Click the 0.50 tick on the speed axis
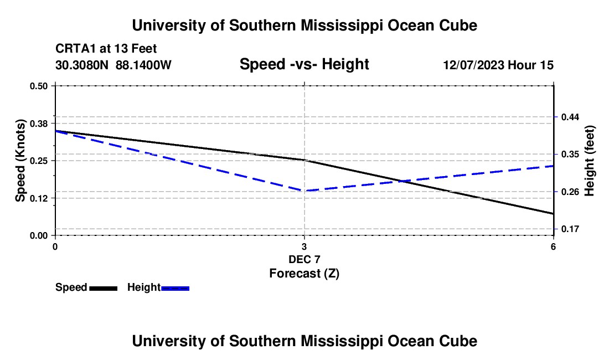38,86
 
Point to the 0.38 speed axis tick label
38,124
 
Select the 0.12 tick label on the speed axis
38,198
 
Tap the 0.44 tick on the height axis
570,117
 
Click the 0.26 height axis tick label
570,192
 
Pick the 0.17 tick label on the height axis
570,229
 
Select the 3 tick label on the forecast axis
304,246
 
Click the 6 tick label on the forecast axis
553,246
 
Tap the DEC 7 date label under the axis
304,259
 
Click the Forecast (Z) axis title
304,274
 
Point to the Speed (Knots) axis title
20,161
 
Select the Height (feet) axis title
589,161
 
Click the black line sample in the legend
104,288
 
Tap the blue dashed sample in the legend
175,288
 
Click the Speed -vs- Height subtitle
304,64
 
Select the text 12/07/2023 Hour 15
498,65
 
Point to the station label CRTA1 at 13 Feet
106,49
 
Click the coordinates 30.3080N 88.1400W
113,65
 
